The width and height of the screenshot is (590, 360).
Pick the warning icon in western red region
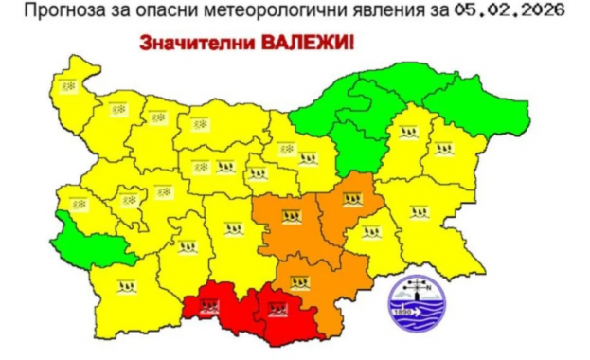[x=209, y=305]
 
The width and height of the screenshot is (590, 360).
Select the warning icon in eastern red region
[x=277, y=308]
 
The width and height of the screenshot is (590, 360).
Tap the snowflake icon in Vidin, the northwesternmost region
[x=68, y=86]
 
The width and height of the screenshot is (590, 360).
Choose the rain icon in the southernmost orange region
[x=299, y=280]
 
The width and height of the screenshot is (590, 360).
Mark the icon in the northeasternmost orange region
[x=352, y=199]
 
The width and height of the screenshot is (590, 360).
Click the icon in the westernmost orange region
[x=292, y=218]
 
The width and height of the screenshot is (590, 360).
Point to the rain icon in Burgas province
[x=418, y=211]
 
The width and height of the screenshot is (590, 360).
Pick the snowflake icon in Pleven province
[x=200, y=123]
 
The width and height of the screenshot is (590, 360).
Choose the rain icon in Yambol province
[x=371, y=231]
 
